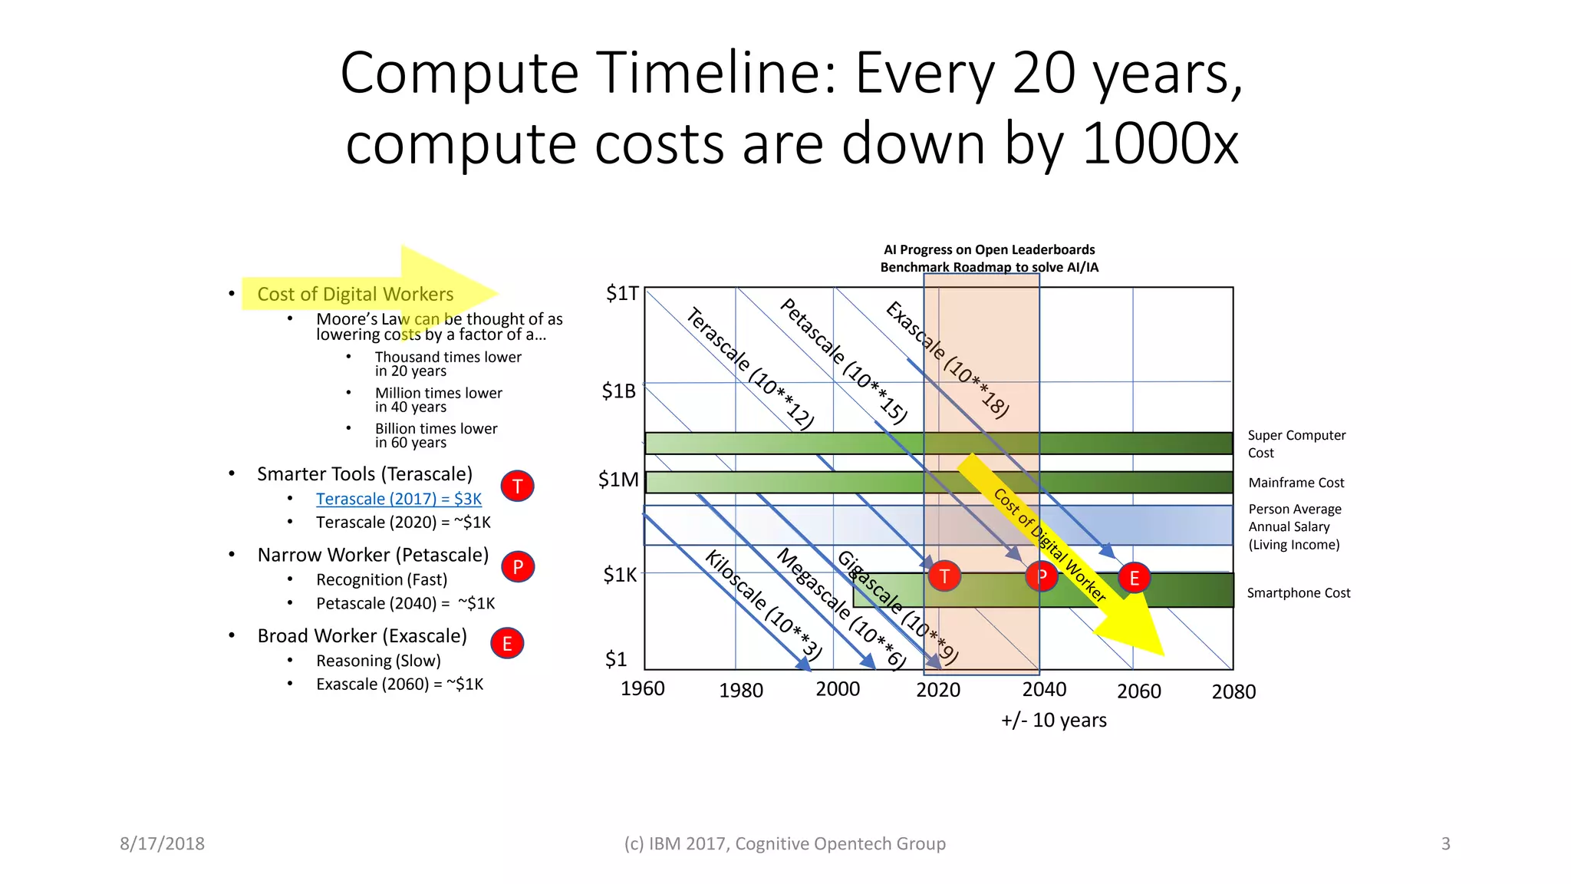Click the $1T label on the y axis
click(x=621, y=294)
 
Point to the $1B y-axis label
click(x=618, y=391)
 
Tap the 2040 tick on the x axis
click(x=1044, y=689)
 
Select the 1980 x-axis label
click(x=740, y=691)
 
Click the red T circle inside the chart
click(x=944, y=576)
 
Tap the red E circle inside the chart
click(x=1134, y=579)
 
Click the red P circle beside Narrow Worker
click(x=518, y=567)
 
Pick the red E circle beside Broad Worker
click(x=507, y=644)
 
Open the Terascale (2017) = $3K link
click(x=399, y=499)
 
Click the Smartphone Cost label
click(x=1298, y=593)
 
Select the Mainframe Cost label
click(x=1296, y=483)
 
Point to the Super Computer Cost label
click(x=1296, y=444)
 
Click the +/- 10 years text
click(x=1053, y=721)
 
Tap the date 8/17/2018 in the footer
click(x=162, y=844)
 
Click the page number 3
click(x=1445, y=844)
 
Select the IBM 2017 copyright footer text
click(x=784, y=844)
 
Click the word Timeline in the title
click(x=716, y=73)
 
